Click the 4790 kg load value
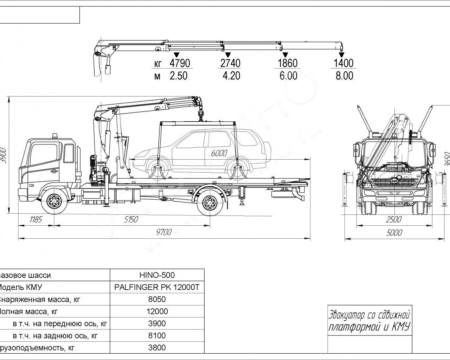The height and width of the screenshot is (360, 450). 180,63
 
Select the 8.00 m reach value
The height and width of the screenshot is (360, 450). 344,76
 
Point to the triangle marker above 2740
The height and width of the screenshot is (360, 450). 228,54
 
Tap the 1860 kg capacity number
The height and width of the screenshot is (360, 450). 288,63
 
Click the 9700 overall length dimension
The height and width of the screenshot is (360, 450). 164,232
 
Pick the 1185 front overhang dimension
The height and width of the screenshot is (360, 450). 36,220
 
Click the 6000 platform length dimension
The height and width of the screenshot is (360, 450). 219,153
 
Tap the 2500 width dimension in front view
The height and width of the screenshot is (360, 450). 394,220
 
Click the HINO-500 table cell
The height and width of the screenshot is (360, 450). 157,275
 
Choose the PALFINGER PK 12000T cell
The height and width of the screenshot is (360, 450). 157,287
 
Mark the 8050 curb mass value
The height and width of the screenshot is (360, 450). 157,299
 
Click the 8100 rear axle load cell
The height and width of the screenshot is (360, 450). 157,336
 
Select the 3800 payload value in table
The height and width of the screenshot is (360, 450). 157,348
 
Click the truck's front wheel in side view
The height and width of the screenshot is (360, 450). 54,202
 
